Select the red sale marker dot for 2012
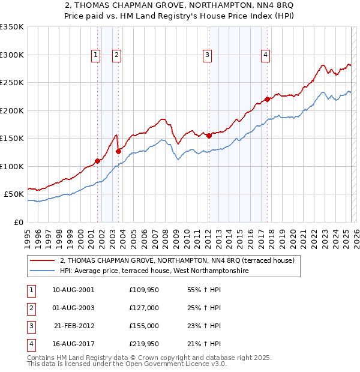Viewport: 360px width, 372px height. coord(209,136)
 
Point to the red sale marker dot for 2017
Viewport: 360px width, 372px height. coord(268,100)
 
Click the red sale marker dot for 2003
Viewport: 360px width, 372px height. coord(118,151)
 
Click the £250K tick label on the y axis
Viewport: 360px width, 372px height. coord(12,83)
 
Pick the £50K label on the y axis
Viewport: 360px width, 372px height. coord(14,194)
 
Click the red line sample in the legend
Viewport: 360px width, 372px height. coord(42,261)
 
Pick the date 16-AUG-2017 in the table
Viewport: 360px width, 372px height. coord(73,344)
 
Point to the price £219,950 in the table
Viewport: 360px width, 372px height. coord(144,344)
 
